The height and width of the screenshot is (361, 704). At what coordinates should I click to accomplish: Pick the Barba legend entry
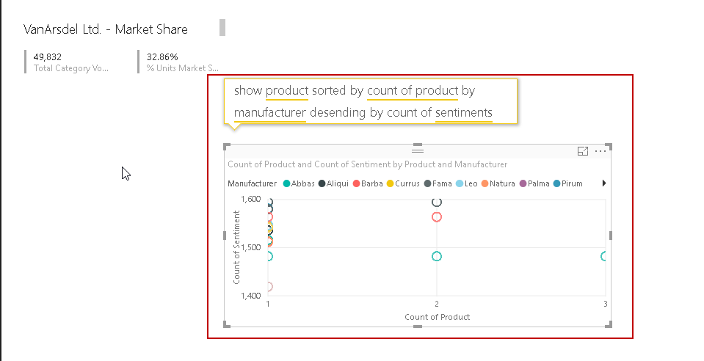tap(367, 183)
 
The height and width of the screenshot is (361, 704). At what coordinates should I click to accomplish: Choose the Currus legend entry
tap(402, 183)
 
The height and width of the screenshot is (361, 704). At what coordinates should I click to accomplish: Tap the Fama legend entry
tap(438, 183)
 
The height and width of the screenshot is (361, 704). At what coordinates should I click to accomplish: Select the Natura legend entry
tap(498, 183)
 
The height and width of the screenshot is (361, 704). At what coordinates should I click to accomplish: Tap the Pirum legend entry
tap(567, 183)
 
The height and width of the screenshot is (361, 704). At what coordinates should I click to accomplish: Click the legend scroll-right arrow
tap(604, 183)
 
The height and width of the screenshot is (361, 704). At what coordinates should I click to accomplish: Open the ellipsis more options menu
tap(600, 151)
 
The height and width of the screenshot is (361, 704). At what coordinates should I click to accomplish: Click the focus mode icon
tap(583, 151)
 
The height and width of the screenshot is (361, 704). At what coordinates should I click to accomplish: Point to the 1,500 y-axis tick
tap(250, 247)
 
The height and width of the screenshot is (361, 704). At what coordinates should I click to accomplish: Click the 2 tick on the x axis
tap(437, 304)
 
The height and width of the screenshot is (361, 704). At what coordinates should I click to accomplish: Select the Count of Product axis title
tap(437, 317)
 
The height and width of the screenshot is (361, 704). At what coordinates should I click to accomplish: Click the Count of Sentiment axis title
tap(236, 247)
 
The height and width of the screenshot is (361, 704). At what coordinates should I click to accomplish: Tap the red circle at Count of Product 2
tap(437, 216)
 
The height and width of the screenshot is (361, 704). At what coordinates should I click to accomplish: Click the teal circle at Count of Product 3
tap(604, 256)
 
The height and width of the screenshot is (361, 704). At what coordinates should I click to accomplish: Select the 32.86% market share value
tap(162, 56)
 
